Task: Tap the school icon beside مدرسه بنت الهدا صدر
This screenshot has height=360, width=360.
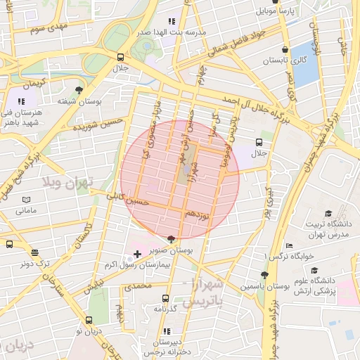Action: click(172, 21)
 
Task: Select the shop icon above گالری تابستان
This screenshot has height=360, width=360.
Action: click(284, 49)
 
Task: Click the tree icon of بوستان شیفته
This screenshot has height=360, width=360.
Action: click(79, 90)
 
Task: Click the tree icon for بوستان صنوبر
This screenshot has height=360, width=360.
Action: click(172, 239)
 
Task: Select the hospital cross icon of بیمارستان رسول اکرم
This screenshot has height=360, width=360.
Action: click(136, 252)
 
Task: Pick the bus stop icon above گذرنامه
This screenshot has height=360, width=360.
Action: click(165, 297)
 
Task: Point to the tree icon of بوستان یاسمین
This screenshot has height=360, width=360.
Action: click(264, 276)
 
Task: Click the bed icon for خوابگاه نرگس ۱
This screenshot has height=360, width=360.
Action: click(289, 245)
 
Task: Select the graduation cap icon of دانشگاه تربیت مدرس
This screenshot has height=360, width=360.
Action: click(328, 214)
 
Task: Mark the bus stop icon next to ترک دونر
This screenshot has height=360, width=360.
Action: click(9, 244)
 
